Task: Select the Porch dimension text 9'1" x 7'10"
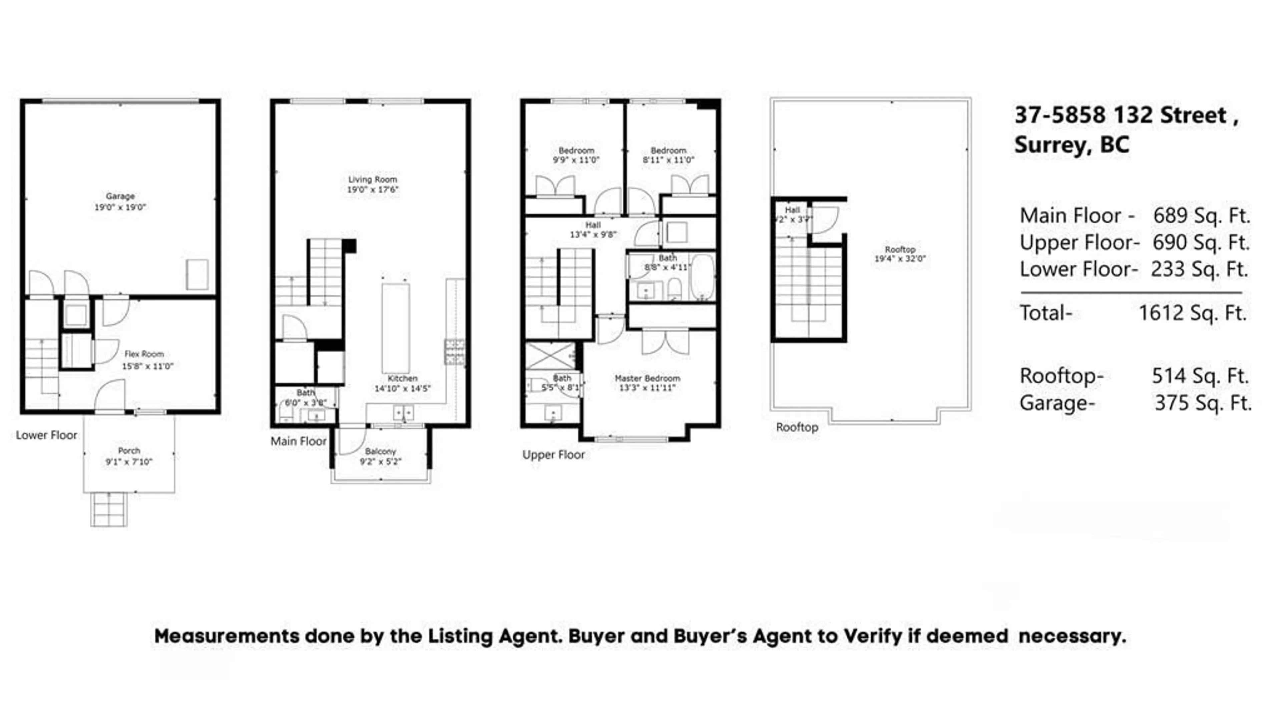[x=128, y=462]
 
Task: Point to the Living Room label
[x=373, y=179]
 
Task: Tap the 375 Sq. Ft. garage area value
[x=1202, y=403]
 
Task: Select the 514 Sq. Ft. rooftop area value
[x=1200, y=376]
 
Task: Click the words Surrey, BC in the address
[x=1072, y=145]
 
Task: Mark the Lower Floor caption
[x=46, y=436]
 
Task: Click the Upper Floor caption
[x=553, y=455]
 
